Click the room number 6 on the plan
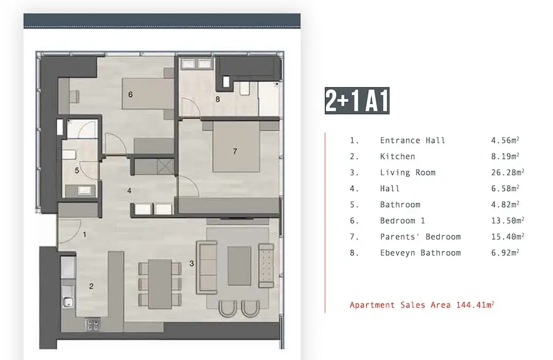click(x=130, y=95)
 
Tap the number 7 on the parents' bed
click(x=235, y=151)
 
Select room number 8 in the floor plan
click(x=218, y=100)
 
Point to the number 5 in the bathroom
click(x=77, y=171)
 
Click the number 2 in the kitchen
click(x=92, y=286)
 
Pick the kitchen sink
click(x=68, y=302)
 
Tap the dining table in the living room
click(x=160, y=284)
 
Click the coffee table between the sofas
click(x=240, y=266)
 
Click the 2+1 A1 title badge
click(x=357, y=101)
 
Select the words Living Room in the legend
click(x=408, y=173)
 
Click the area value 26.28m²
click(x=508, y=172)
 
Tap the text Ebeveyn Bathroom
click(x=420, y=253)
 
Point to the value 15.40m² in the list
click(x=508, y=237)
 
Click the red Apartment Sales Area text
click(x=422, y=305)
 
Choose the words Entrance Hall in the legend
click(x=413, y=140)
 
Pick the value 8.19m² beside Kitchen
click(x=505, y=156)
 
